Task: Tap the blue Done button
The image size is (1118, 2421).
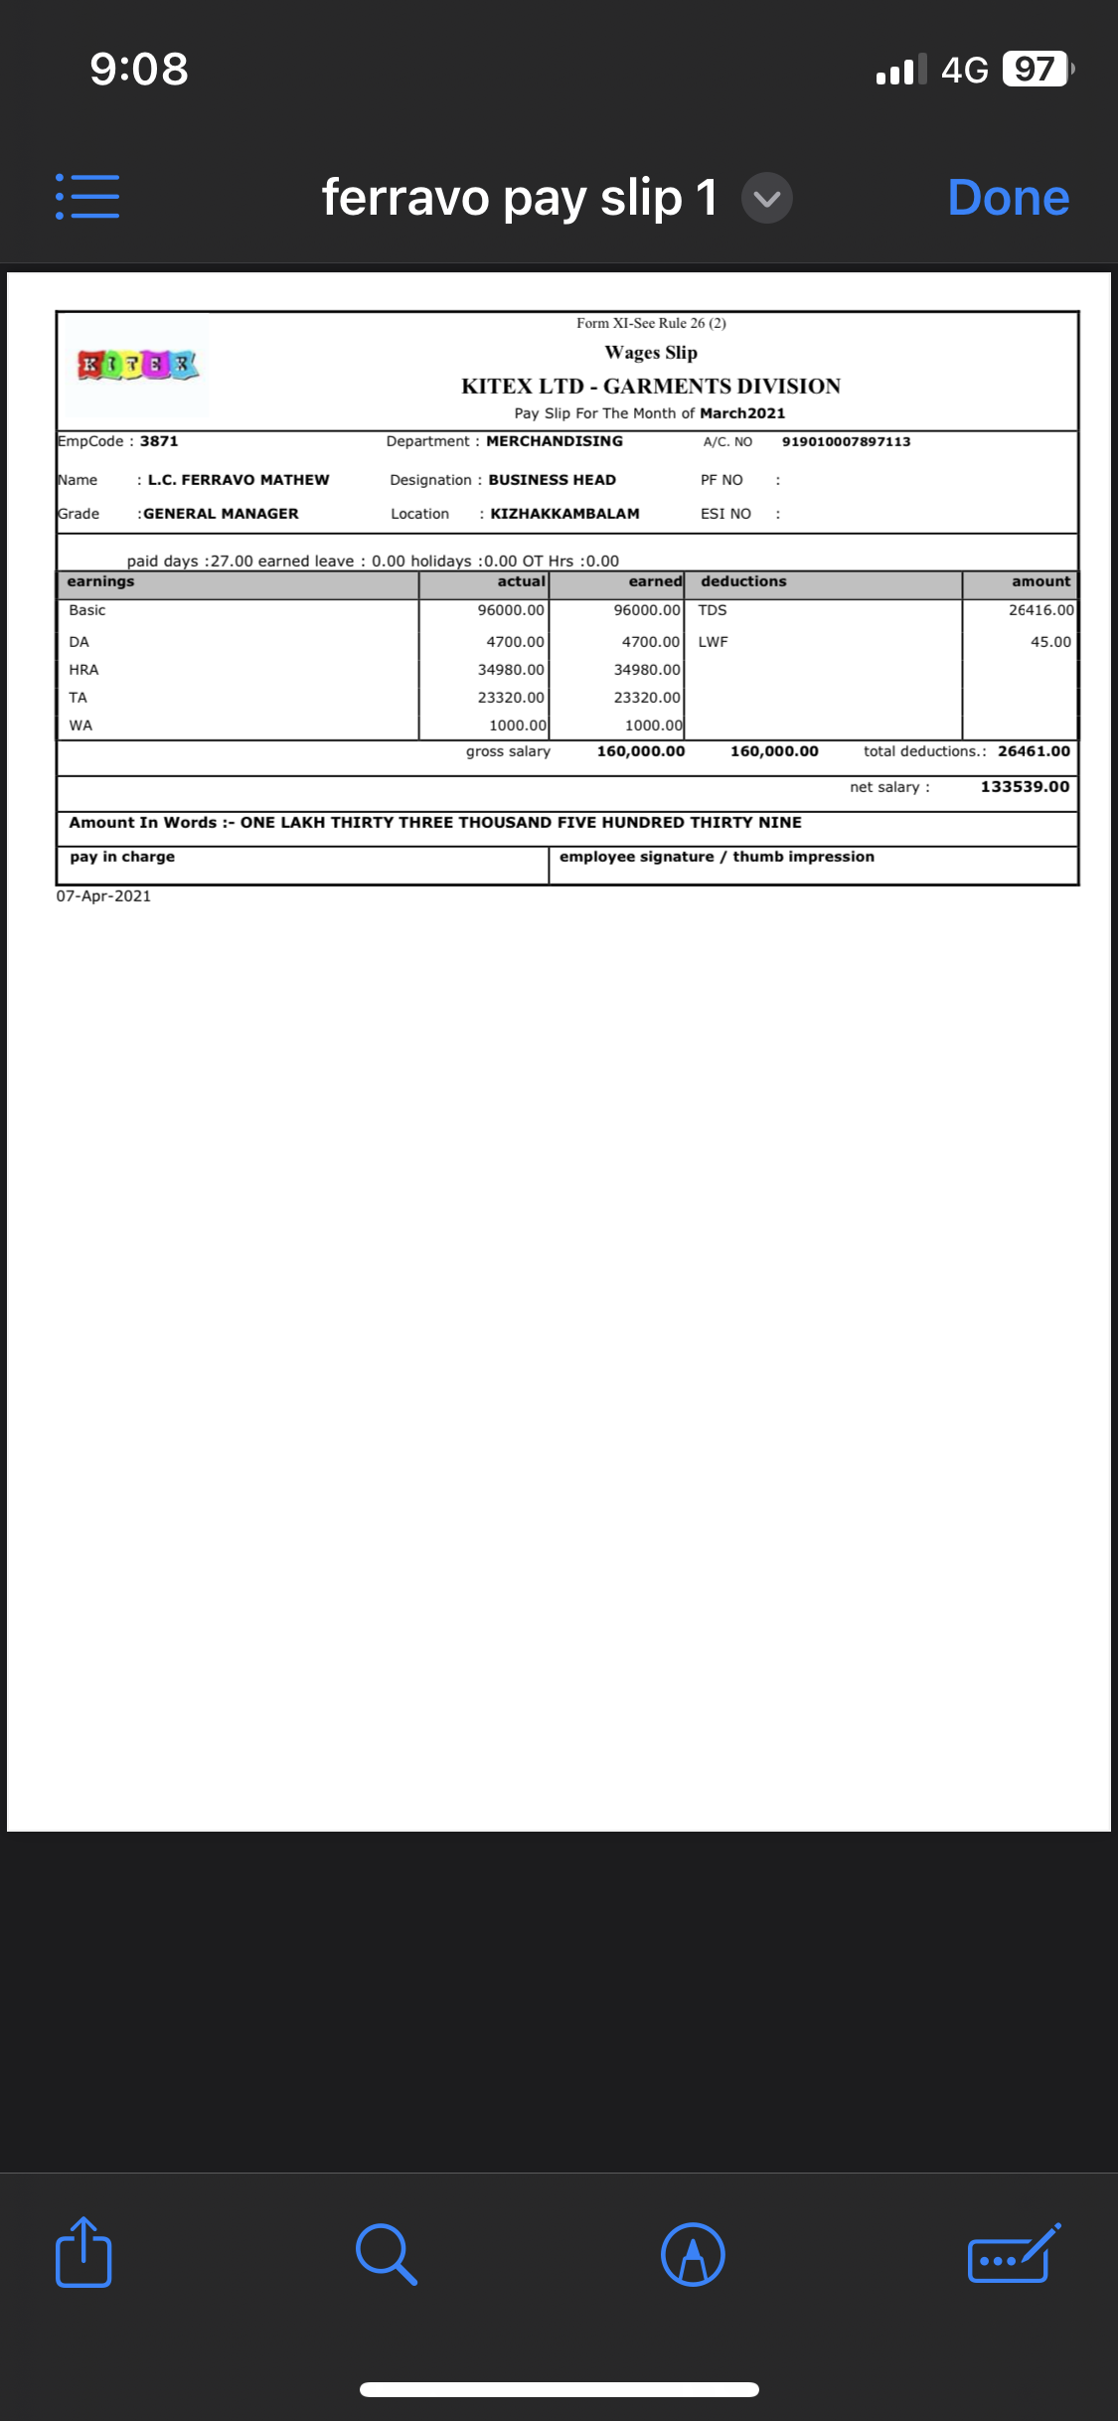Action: (x=1008, y=198)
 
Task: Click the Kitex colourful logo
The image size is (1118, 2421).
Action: (x=138, y=366)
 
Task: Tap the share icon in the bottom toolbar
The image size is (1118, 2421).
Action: (x=83, y=2252)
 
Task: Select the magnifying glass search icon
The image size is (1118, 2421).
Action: (x=386, y=2254)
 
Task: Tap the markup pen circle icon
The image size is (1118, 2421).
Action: (x=693, y=2254)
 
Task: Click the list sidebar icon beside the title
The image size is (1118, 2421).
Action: (x=87, y=197)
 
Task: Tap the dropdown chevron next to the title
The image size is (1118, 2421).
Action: (x=766, y=198)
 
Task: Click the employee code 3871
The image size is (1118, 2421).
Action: (x=159, y=441)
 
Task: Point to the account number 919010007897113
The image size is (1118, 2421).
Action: (x=846, y=442)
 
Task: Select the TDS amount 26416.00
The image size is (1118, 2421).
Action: (x=1040, y=610)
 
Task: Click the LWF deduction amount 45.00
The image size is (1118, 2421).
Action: (x=1049, y=642)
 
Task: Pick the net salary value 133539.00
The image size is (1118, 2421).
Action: (x=1025, y=787)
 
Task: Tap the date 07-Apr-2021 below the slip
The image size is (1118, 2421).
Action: (x=103, y=896)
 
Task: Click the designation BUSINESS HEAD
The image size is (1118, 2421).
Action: (x=552, y=480)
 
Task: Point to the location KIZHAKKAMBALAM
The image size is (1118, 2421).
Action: (x=564, y=514)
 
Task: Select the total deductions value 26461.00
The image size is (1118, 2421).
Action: (x=1034, y=751)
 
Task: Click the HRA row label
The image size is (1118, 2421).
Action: (x=83, y=670)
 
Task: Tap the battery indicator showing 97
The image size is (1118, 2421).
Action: (x=1036, y=70)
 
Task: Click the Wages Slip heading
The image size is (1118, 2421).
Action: (x=651, y=353)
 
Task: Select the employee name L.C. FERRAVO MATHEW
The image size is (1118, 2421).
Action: (x=239, y=480)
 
